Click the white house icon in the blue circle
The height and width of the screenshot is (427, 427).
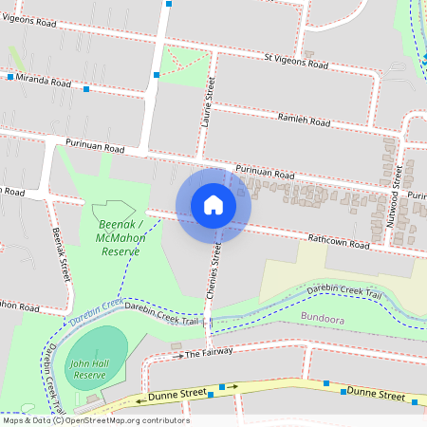[x=213, y=205]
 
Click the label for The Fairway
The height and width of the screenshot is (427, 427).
[x=207, y=354]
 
